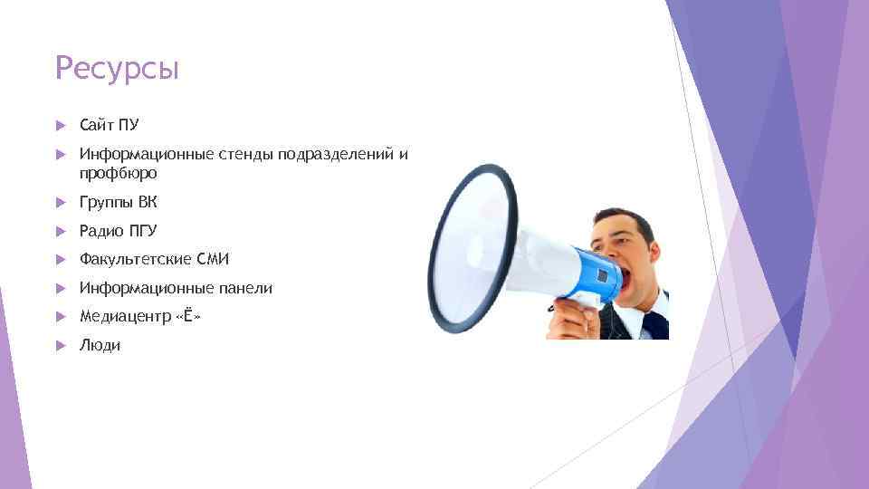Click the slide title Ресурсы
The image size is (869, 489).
(117, 68)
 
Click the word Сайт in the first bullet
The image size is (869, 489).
(96, 124)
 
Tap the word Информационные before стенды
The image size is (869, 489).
(146, 154)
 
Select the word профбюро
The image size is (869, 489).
(118, 172)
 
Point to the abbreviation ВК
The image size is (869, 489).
(148, 201)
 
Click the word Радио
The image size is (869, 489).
(100, 230)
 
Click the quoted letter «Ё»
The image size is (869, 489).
(186, 316)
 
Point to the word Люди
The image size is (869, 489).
(100, 345)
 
